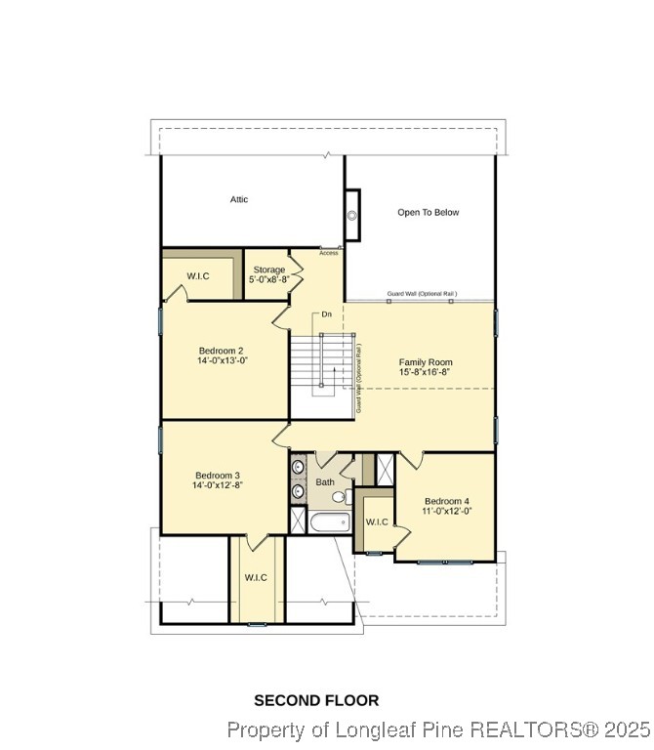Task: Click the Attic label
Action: [x=239, y=199]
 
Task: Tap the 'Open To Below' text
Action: [x=428, y=212]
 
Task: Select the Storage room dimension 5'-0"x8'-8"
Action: [x=268, y=279]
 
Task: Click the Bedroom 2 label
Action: [x=222, y=351]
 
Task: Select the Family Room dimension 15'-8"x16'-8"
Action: [x=425, y=372]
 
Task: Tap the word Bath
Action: [x=325, y=482]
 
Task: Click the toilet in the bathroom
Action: [x=339, y=497]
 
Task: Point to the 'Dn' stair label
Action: [x=327, y=314]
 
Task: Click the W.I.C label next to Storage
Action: [x=199, y=276]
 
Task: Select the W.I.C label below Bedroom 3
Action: [x=256, y=577]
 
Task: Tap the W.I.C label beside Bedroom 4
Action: [x=377, y=521]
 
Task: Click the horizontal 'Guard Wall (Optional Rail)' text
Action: [x=422, y=294]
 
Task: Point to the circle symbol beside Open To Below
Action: [x=351, y=216]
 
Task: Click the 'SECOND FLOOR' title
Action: [x=316, y=700]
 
